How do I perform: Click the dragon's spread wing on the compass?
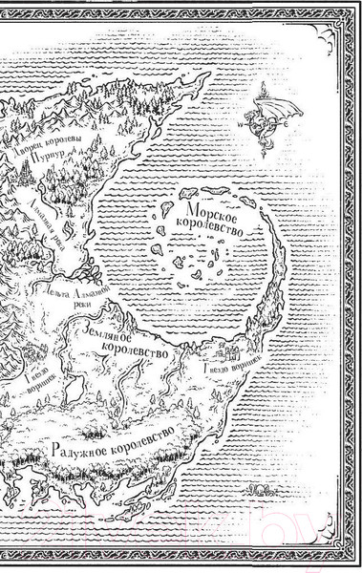click(284, 107)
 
